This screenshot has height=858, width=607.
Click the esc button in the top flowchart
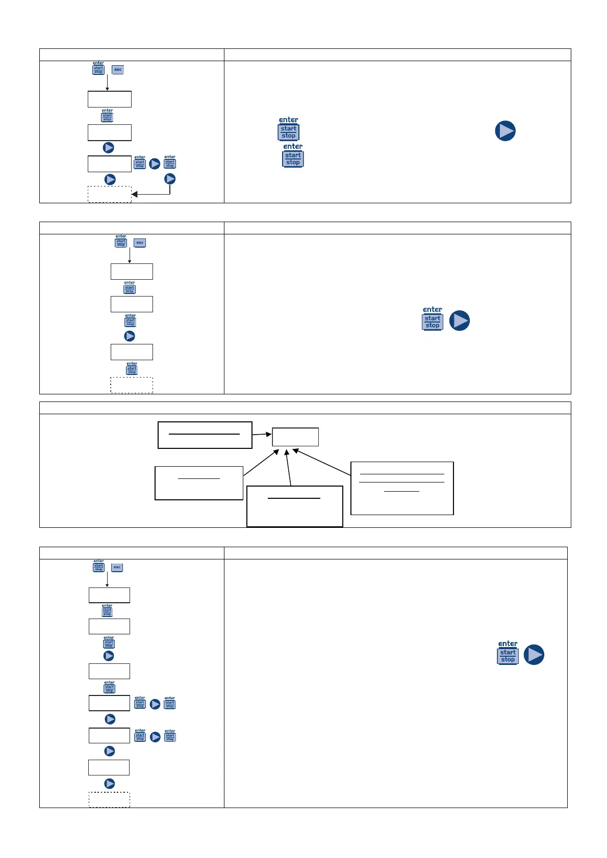coord(118,70)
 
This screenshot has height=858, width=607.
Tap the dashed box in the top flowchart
coord(110,194)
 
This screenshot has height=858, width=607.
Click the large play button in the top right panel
coord(505,131)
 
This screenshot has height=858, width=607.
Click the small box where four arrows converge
coord(295,437)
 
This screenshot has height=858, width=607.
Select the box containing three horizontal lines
coord(402,488)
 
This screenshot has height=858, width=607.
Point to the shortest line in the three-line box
coord(401,491)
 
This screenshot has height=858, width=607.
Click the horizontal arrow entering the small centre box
coord(262,435)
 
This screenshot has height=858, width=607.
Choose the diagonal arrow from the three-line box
coord(321,462)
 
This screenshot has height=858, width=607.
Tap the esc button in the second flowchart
coord(140,243)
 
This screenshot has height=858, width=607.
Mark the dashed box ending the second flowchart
coord(132,385)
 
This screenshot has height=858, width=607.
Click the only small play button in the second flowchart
coord(130,336)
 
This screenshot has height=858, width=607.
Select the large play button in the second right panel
coord(460,321)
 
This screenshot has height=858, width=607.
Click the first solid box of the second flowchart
coord(132,272)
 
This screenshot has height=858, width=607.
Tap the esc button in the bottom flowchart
coord(117,567)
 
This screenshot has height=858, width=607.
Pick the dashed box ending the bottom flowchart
coord(109,799)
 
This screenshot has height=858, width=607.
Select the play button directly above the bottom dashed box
coord(109,784)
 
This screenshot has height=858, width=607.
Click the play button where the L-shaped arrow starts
coord(170,179)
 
